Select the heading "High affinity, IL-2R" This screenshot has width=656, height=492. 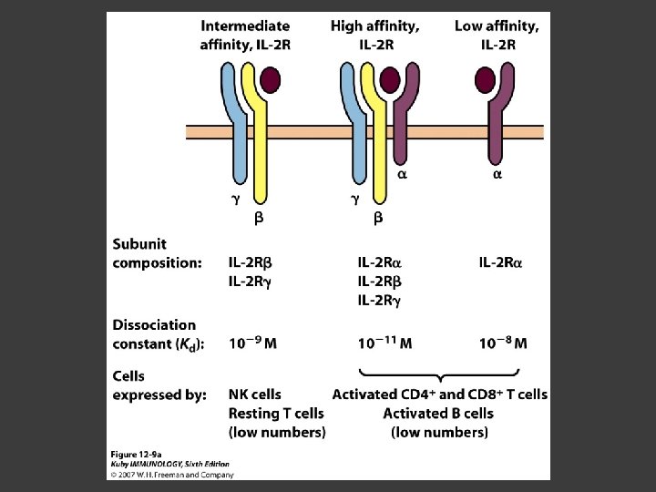tap(375, 36)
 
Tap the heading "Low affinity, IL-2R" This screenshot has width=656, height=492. tap(497, 36)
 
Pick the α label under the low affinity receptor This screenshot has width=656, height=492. tap(497, 174)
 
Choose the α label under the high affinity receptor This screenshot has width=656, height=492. tap(402, 174)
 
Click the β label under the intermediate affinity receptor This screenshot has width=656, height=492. tap(258, 219)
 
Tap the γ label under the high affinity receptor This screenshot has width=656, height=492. tap(356, 198)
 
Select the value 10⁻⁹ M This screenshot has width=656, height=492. tap(253, 343)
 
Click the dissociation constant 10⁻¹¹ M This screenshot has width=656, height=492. tap(384, 343)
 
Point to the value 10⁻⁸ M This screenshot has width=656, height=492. tap(503, 343)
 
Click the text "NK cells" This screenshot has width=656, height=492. tap(255, 395)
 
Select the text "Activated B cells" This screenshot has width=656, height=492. tap(438, 414)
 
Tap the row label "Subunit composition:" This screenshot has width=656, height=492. tap(157, 253)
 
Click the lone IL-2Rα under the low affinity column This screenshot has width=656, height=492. tap(506, 263)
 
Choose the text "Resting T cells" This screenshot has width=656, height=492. tap(276, 414)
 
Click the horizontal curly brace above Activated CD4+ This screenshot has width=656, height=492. tap(441, 375)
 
